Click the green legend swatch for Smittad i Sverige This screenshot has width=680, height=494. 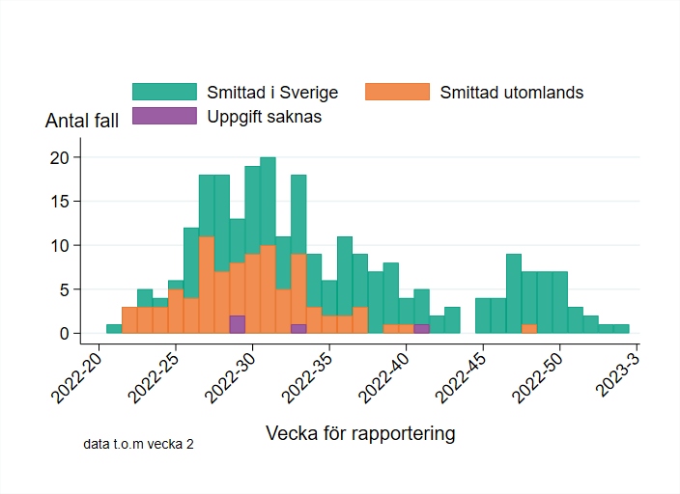[165, 93]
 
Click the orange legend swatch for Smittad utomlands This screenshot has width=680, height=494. [398, 93]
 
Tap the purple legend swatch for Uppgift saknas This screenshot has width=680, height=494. [165, 117]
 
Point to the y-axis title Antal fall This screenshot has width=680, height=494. [82, 122]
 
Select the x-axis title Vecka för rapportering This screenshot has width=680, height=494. [360, 433]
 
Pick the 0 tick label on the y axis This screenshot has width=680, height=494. [64, 333]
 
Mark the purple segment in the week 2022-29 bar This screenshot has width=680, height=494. [238, 324]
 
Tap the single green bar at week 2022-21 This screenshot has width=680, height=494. [114, 329]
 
